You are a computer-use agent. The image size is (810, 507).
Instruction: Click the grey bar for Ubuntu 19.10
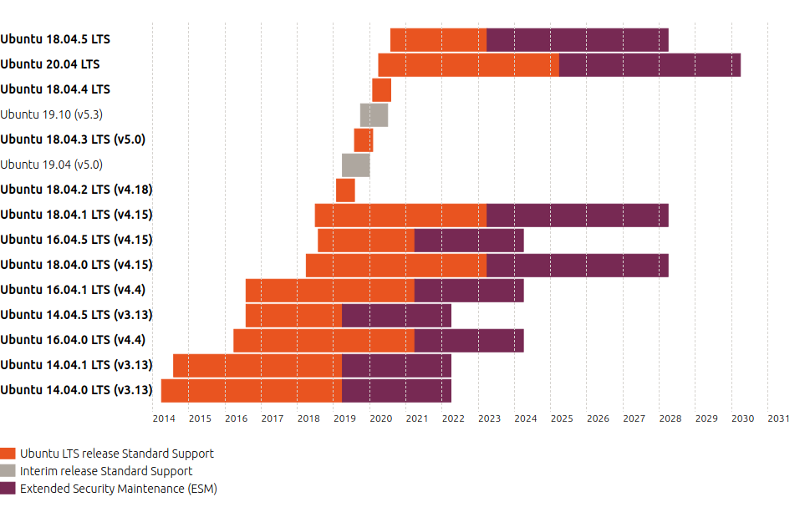(x=374, y=114)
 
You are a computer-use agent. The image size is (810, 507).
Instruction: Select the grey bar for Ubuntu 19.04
(x=356, y=165)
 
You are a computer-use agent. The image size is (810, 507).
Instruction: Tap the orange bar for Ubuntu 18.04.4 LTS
(x=381, y=89)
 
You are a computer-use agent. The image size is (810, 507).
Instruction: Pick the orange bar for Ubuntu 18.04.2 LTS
(x=345, y=190)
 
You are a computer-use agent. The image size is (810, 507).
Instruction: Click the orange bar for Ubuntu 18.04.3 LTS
(x=364, y=139)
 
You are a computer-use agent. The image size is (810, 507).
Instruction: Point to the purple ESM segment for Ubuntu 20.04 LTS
(x=650, y=64)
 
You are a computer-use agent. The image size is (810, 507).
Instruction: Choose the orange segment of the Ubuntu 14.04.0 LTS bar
(x=252, y=390)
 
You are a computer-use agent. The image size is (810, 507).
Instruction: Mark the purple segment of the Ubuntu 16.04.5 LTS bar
(x=469, y=240)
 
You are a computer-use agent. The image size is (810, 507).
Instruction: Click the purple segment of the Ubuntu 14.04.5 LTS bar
(x=396, y=315)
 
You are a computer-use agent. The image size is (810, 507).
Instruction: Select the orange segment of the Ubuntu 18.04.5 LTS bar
(x=438, y=39)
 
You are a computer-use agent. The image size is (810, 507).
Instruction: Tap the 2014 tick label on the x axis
(x=164, y=418)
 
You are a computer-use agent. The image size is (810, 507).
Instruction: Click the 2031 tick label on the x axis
(x=778, y=418)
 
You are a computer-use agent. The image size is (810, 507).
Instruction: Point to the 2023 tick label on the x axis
(x=489, y=418)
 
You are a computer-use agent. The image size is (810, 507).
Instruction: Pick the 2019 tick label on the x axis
(x=344, y=418)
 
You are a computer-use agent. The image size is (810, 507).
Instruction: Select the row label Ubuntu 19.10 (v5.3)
(x=52, y=114)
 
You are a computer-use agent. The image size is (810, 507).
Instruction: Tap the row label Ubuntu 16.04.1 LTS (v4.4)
(x=73, y=290)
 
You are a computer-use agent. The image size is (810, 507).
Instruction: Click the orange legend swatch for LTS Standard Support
(x=8, y=454)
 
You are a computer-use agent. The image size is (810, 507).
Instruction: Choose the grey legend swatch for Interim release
(x=8, y=471)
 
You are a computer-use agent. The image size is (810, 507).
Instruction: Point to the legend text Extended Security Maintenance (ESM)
(x=118, y=489)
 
